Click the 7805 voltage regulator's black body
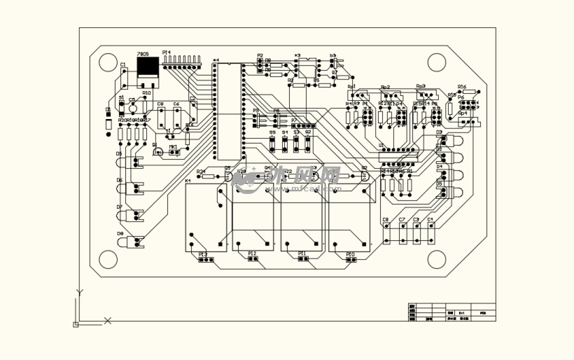pyautogui.click(x=148, y=67)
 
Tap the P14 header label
pyautogui.click(x=166, y=53)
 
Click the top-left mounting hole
pyautogui.click(x=107, y=62)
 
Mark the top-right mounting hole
pyautogui.click(x=437, y=62)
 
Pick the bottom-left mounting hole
pyautogui.click(x=107, y=260)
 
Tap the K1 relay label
pyautogui.click(x=188, y=181)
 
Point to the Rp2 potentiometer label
pyautogui.click(x=385, y=88)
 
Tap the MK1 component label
pyautogui.click(x=173, y=147)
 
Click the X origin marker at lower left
pyautogui.click(x=108, y=321)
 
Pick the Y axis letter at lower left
pyautogui.click(x=80, y=292)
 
